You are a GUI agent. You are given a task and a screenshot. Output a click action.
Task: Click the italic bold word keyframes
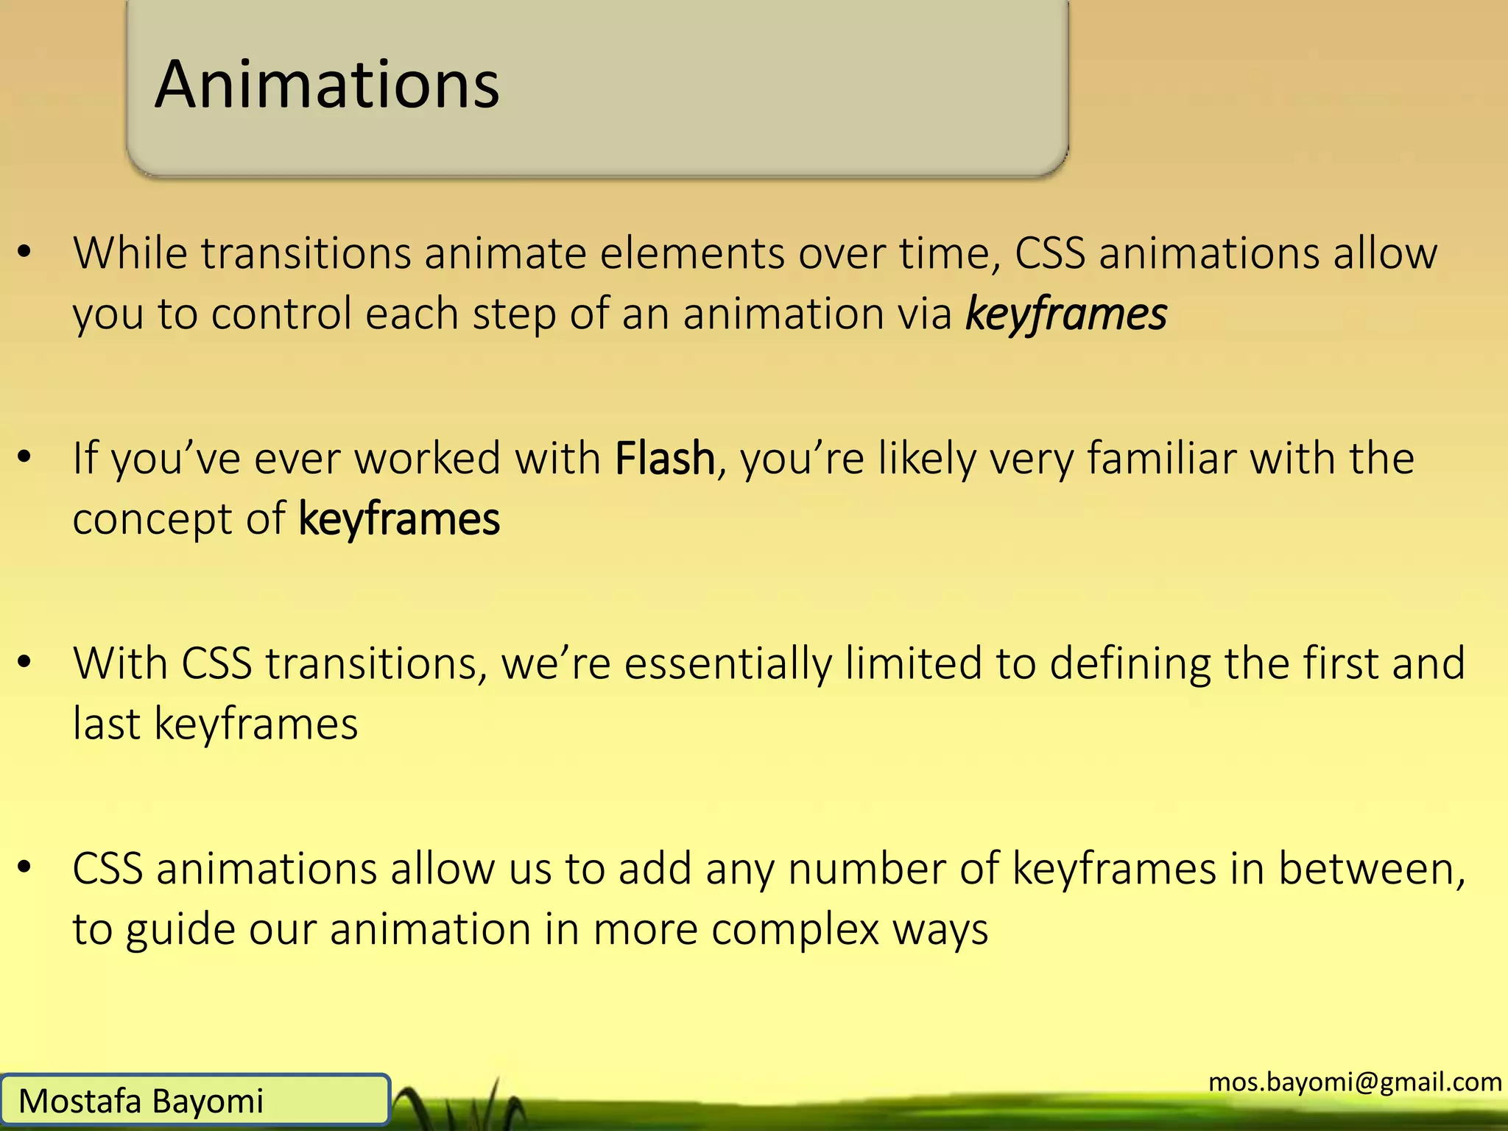coord(1065,314)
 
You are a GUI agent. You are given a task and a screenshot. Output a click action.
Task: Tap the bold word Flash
coord(665,459)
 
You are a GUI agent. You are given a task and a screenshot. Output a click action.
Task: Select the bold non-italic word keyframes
coord(399,519)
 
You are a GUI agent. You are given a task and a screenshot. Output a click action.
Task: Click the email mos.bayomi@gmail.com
coord(1355,1082)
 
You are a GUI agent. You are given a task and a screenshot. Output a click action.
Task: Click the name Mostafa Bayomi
coord(141,1102)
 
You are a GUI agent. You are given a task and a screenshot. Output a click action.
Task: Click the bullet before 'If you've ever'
coord(25,458)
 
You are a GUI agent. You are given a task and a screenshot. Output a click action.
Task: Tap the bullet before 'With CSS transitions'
coord(25,663)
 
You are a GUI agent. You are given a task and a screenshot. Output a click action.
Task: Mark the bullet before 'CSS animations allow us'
coord(25,868)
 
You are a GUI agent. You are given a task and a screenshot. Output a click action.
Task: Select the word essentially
coord(727,663)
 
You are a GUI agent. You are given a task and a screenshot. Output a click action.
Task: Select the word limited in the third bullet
coord(912,663)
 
